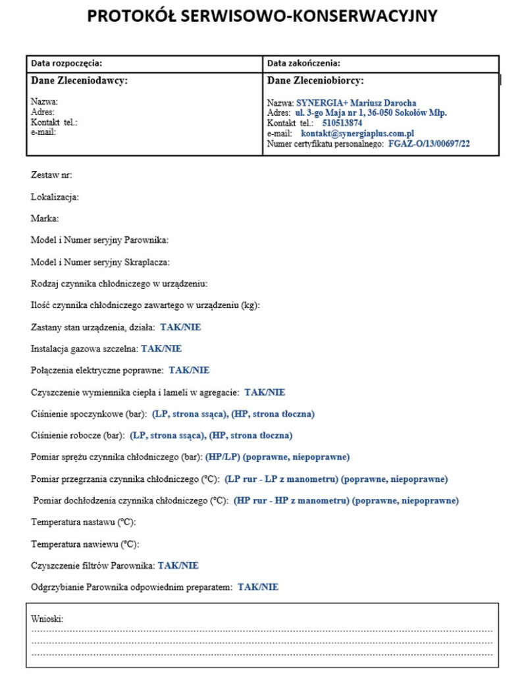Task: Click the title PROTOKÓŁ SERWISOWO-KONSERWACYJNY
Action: [x=261, y=16]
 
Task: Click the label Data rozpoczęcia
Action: [x=66, y=63]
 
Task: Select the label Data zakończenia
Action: [x=303, y=63]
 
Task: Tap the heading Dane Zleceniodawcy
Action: [x=79, y=81]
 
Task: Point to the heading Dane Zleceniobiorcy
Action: [x=315, y=81]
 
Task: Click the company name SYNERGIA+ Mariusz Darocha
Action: [x=356, y=103]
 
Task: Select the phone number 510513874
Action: [x=342, y=123]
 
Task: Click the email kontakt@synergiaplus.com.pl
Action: [x=357, y=133]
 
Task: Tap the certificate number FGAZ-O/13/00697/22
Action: [x=429, y=143]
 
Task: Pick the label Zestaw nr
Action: [x=51, y=175]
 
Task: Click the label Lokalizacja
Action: [x=55, y=197]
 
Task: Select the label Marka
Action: [x=45, y=219]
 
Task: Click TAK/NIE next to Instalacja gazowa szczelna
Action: [x=161, y=349]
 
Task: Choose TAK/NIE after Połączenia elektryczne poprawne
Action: [x=189, y=371]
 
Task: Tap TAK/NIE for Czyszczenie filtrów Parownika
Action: [x=178, y=565]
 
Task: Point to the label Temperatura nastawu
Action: [x=84, y=522]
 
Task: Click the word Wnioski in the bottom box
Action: [x=47, y=619]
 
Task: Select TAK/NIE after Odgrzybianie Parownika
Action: [x=258, y=586]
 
